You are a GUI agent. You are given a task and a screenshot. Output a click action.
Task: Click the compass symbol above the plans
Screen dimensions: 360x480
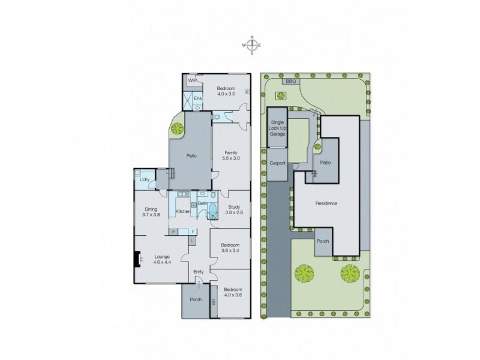coord(252,45)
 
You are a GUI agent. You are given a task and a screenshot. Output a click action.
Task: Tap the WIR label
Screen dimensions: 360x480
coord(193,80)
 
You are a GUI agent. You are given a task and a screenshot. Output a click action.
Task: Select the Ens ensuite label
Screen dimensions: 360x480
coord(197,98)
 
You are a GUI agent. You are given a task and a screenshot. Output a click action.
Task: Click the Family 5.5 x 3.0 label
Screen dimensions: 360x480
coord(231,155)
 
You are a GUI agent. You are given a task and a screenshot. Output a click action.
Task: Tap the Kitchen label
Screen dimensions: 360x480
coord(183,211)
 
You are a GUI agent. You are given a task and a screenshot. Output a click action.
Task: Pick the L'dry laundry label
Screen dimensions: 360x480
coord(144,179)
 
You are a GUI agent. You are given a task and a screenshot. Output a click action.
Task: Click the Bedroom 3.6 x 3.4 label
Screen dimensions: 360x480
coord(230,247)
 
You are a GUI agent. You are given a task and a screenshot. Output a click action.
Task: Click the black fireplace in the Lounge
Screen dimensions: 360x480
coord(137,259)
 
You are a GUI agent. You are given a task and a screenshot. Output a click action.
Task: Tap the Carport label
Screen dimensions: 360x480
coord(277,163)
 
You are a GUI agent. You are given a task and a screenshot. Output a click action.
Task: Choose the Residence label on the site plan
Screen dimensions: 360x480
coord(326,203)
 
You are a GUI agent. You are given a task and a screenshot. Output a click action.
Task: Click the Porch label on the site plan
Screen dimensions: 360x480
coord(323,241)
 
